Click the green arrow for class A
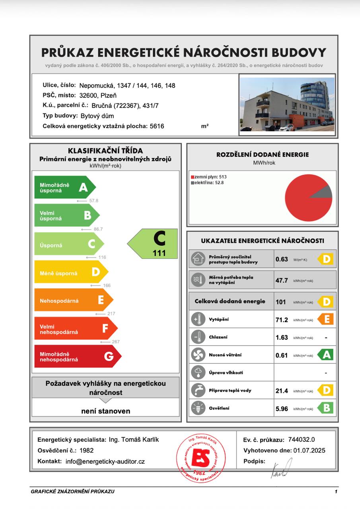pos(64,187)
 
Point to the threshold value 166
pos(106,286)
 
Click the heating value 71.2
pos(282,320)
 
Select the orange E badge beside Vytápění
pos(326,319)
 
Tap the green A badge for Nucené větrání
pos(326,355)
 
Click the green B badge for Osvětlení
pos(326,408)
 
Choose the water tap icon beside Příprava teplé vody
pos(198,390)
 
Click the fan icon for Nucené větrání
pos(198,355)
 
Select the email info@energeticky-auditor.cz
pos(105,462)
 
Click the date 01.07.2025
pos(309,451)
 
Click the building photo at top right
pos(287,104)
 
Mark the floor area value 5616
pos(157,126)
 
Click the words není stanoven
pos(106,411)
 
